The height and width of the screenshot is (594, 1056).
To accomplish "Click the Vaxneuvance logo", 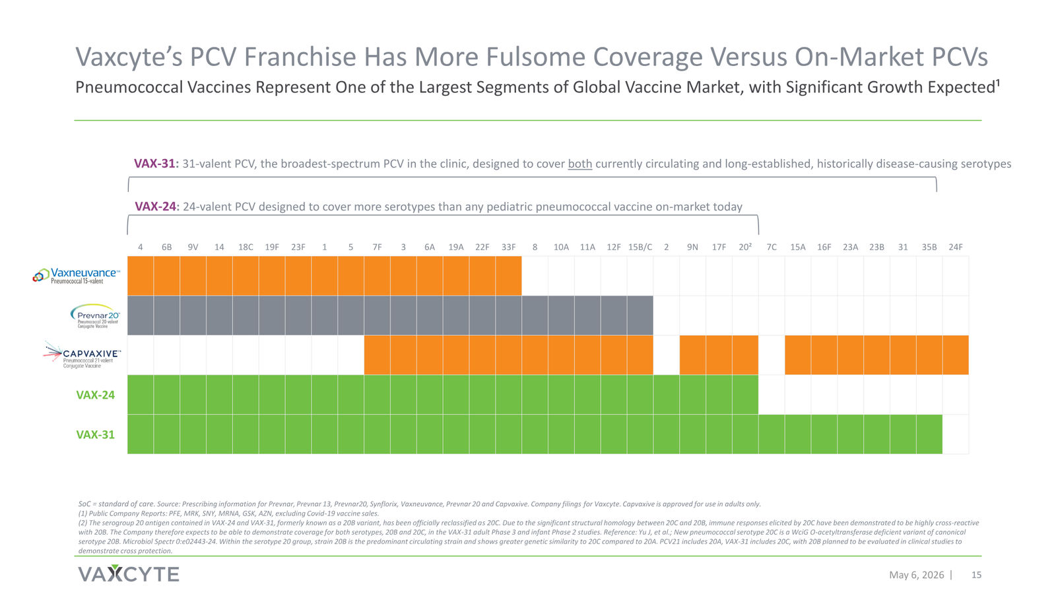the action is click(76, 276).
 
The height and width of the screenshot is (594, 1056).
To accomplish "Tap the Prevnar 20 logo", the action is click(95, 316).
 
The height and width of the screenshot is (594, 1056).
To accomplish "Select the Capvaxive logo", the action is click(82, 354).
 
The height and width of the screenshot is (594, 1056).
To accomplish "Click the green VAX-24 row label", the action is click(95, 395).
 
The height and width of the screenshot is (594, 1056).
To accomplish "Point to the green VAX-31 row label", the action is click(95, 435).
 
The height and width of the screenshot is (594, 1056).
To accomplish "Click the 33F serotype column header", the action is click(508, 247).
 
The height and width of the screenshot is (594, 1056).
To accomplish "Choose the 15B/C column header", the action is click(640, 247).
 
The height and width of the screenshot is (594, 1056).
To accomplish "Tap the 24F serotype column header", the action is click(956, 247).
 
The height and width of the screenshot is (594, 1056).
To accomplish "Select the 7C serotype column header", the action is click(772, 247).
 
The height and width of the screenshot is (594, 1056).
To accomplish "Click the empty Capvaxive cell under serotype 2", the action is click(666, 355).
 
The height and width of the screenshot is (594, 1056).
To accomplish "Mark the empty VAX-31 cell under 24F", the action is click(956, 434).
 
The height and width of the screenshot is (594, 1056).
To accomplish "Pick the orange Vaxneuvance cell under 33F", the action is click(508, 276).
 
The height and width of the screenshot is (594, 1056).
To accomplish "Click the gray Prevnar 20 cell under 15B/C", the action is click(640, 315).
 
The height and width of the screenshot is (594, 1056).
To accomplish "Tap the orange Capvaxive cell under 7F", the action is click(377, 355).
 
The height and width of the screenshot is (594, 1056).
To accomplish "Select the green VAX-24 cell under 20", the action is click(745, 395).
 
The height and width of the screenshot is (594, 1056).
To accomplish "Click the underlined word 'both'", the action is click(580, 164).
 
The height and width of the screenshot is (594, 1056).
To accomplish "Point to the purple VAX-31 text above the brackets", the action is click(154, 164).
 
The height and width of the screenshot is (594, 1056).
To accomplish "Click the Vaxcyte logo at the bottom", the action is click(128, 574).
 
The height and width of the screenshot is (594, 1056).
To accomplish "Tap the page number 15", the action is click(976, 575).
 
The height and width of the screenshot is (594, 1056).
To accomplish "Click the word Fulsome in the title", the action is click(535, 57).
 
